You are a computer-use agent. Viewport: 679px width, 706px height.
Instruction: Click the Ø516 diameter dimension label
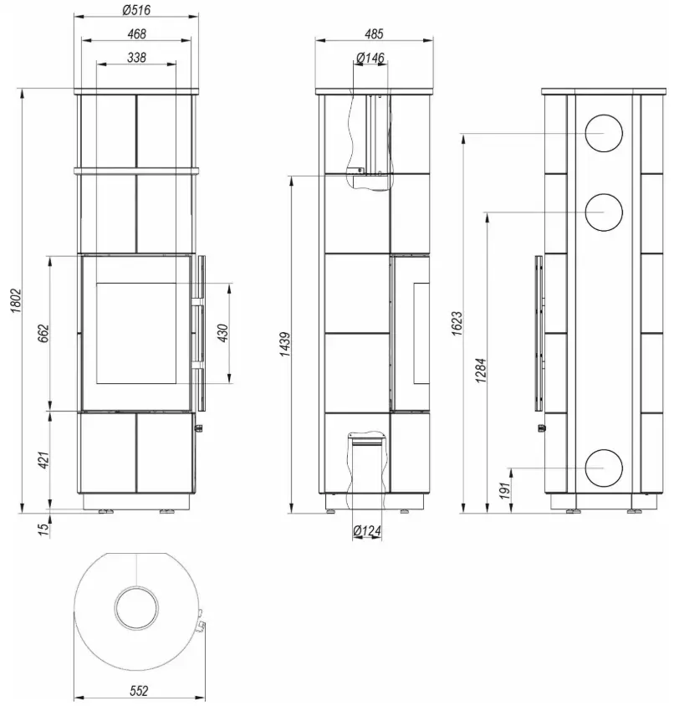136,9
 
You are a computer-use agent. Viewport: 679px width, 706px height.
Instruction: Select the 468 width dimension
137,33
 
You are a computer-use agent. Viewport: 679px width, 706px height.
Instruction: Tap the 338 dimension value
137,58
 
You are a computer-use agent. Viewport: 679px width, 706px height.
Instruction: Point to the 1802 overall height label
16,301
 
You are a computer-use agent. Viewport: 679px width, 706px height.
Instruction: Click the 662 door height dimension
43,333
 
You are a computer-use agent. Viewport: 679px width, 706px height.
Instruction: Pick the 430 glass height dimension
223,333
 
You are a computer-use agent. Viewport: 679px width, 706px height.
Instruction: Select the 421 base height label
43,460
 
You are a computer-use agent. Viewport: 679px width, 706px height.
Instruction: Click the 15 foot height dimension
43,529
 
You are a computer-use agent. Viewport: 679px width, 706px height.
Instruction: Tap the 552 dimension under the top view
139,691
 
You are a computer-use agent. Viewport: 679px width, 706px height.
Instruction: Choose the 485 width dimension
374,33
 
